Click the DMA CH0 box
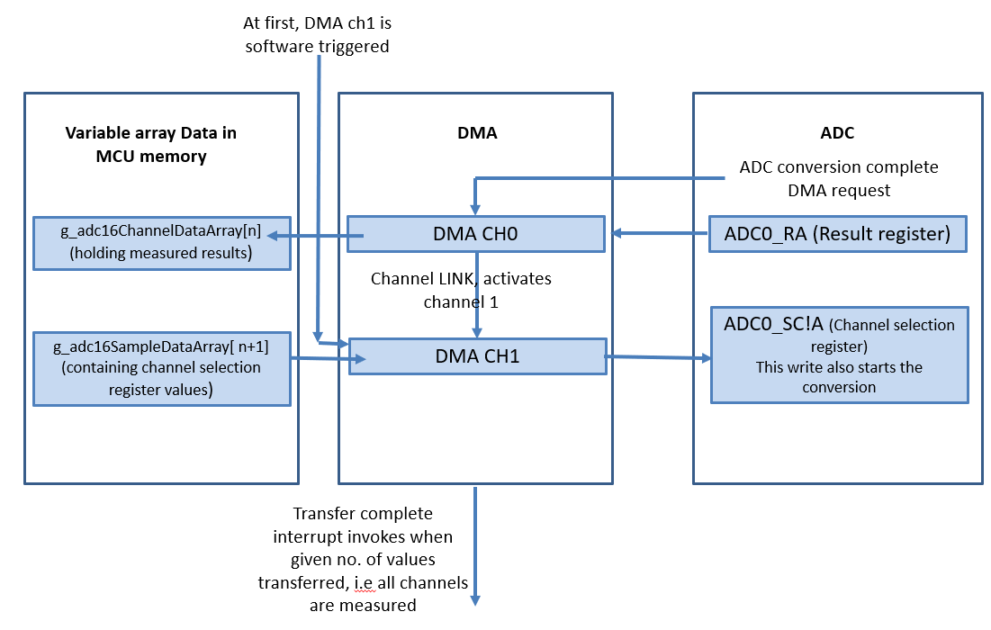click(475, 234)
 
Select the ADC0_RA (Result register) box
click(837, 234)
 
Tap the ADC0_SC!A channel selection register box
click(839, 355)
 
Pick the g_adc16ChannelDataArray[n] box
click(162, 243)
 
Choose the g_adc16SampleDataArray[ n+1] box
click(162, 367)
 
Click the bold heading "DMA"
click(476, 133)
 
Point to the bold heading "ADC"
click(837, 133)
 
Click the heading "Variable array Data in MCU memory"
click(150, 145)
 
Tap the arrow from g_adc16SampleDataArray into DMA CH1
click(326, 359)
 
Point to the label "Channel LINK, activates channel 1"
click(461, 291)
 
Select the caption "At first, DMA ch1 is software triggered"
click(317, 34)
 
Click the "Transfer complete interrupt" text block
click(363, 559)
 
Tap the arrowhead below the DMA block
click(476, 598)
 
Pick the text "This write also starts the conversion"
click(839, 377)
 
